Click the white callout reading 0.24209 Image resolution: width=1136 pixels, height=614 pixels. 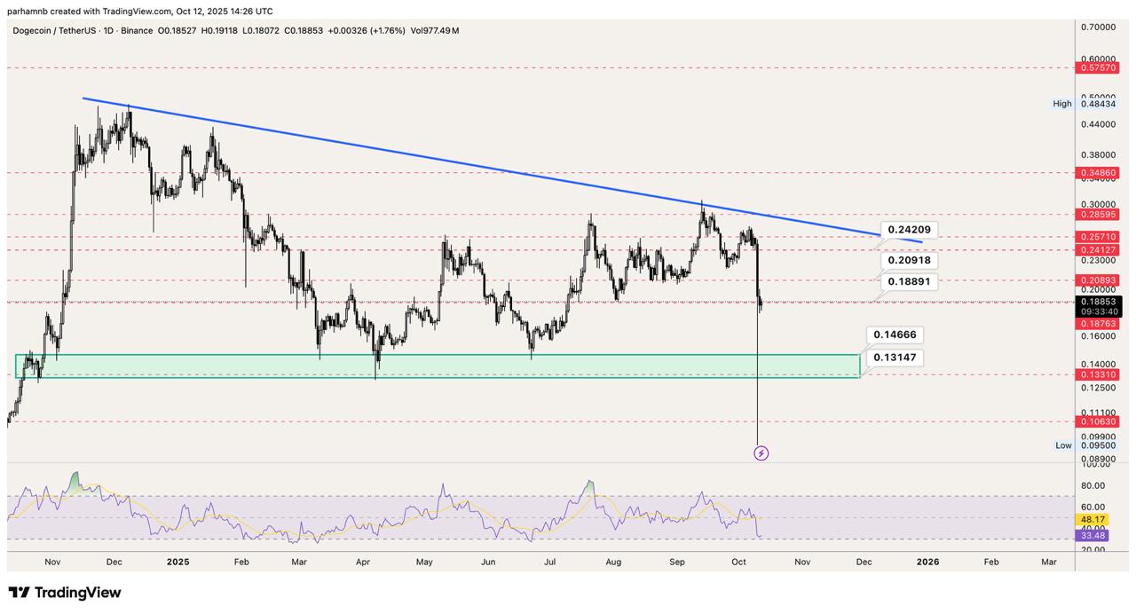(909, 230)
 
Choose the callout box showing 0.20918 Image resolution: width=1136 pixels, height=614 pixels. (910, 261)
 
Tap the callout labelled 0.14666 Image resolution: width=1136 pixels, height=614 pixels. (894, 335)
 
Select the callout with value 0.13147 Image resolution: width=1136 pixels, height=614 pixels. (894, 358)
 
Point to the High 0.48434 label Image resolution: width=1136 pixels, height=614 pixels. (1085, 104)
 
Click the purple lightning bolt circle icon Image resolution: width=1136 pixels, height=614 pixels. (761, 453)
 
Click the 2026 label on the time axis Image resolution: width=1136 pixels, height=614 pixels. (927, 562)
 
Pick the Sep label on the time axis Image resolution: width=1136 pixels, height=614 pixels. (677, 562)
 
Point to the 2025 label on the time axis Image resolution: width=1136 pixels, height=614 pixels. (178, 562)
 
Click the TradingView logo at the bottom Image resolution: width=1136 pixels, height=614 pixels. (65, 593)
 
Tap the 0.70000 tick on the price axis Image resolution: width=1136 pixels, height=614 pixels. (1097, 28)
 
